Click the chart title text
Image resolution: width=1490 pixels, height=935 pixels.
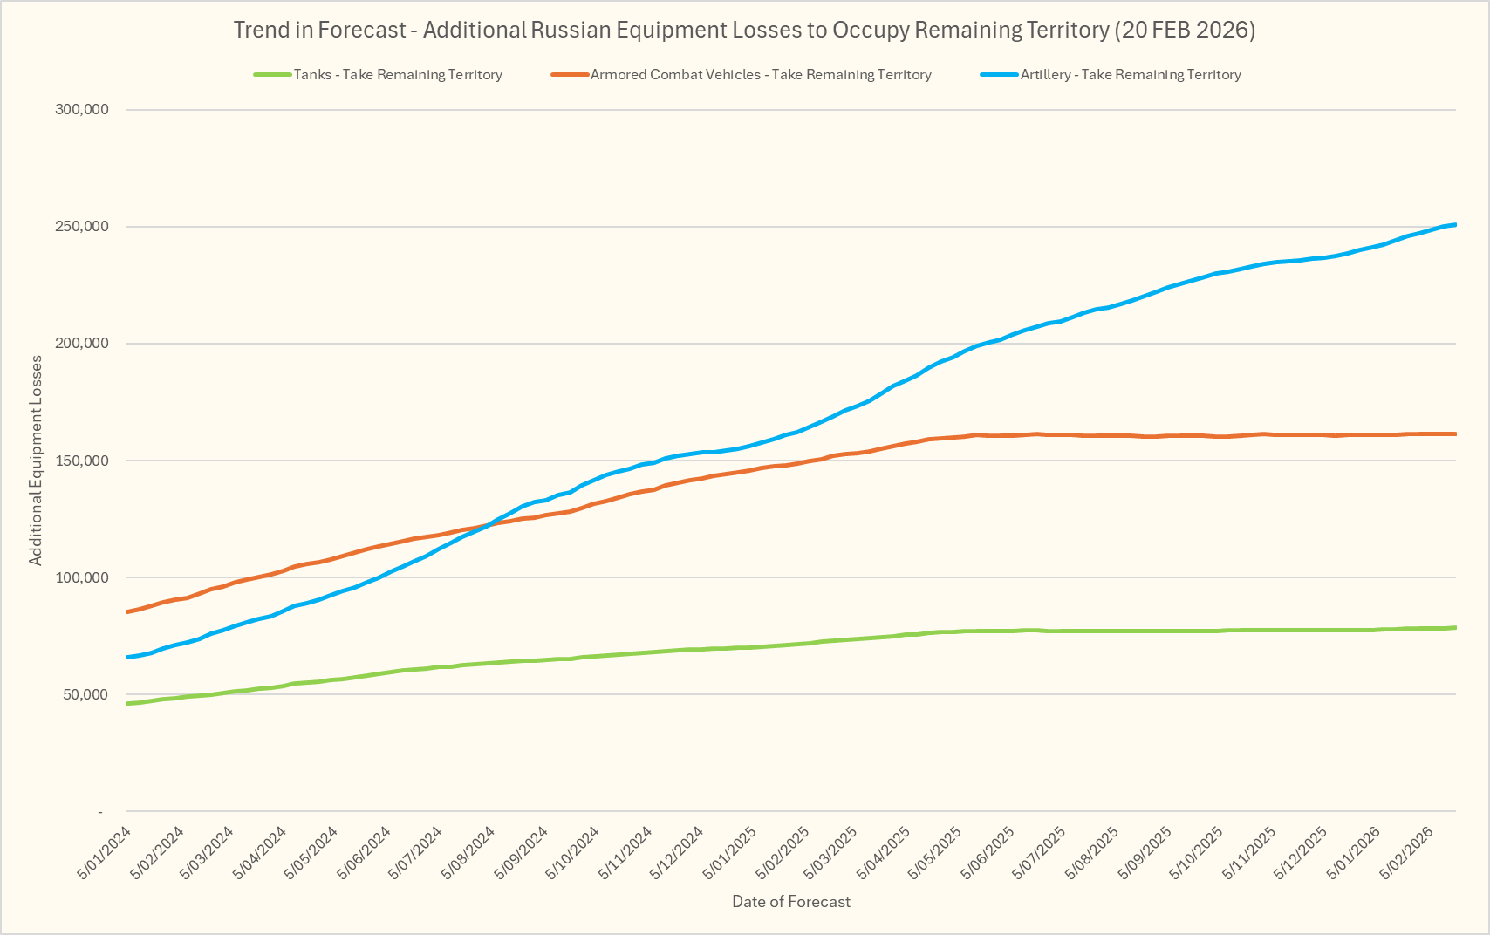[744, 31]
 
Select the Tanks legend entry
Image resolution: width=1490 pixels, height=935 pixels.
[397, 75]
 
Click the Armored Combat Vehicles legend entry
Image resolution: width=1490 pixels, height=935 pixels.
[760, 75]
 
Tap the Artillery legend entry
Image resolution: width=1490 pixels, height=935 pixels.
[1130, 75]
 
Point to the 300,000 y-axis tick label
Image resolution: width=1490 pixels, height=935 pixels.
[80, 110]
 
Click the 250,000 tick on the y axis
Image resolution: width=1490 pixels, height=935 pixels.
[80, 227]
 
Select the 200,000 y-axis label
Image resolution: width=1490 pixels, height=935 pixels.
[80, 344]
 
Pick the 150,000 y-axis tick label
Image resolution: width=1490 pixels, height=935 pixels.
[80, 461]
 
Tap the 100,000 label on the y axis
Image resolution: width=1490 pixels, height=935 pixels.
[80, 577]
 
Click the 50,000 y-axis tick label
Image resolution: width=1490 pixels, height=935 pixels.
[84, 694]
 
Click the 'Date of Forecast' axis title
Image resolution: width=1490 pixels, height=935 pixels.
[791, 902]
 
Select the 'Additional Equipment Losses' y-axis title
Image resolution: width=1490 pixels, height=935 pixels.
[36, 461]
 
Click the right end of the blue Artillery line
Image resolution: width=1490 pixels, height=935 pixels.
[1455, 225]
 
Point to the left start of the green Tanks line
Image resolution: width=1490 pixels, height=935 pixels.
[127, 703]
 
